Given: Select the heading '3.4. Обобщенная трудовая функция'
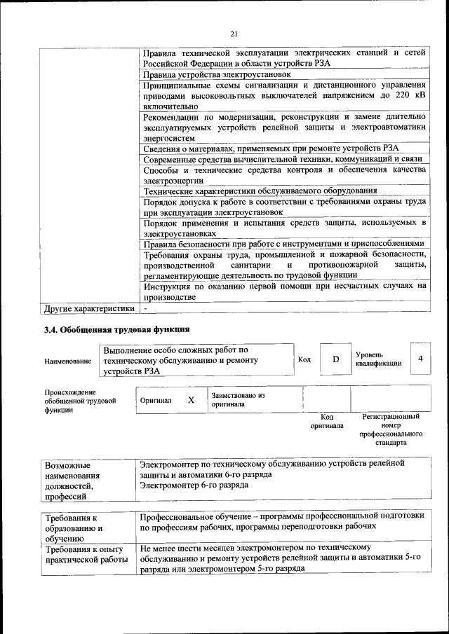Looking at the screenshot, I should coord(116,329).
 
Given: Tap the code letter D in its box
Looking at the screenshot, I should coord(335,359).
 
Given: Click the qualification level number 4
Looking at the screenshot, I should coord(420,359).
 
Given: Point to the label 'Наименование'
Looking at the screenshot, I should coord(67,361).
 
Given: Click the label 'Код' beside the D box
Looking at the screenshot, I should coord(304,359).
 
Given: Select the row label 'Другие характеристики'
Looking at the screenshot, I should coord(88,308).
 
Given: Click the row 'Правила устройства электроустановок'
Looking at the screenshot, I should coord(217,74).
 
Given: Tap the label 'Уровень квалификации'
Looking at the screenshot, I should coord(379,359).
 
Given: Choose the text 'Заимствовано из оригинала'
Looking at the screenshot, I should coord(238,399).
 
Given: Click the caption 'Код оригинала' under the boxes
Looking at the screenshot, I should coord(327,421).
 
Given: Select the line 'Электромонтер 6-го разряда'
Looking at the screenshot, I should coord(194,485).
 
